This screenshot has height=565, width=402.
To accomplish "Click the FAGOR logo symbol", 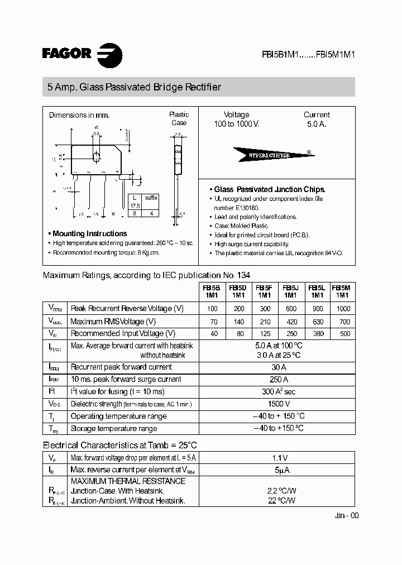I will pyautogui.click(x=110, y=55).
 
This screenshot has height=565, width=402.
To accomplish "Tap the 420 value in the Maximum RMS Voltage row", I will pyautogui.click(x=290, y=322).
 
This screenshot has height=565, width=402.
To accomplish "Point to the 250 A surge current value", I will pyautogui.click(x=277, y=380).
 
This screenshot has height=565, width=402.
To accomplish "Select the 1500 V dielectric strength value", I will pyautogui.click(x=277, y=404).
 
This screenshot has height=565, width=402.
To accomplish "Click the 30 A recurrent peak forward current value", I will pyautogui.click(x=277, y=367).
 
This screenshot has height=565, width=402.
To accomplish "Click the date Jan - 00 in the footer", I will pyautogui.click(x=347, y=516).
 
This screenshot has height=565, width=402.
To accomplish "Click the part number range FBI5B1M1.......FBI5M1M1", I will pyautogui.click(x=309, y=55).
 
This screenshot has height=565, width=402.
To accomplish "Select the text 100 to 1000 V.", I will pyautogui.click(x=236, y=124).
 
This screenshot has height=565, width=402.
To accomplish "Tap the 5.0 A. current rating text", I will pyautogui.click(x=317, y=124).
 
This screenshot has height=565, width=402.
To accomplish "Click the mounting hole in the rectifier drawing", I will pyautogui.click(x=96, y=156).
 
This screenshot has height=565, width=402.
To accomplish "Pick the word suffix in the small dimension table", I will pyautogui.click(x=151, y=198).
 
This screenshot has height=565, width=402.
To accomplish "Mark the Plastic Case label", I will pyautogui.click(x=179, y=118).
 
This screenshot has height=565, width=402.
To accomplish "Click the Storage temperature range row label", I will pyautogui.click(x=114, y=429).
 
